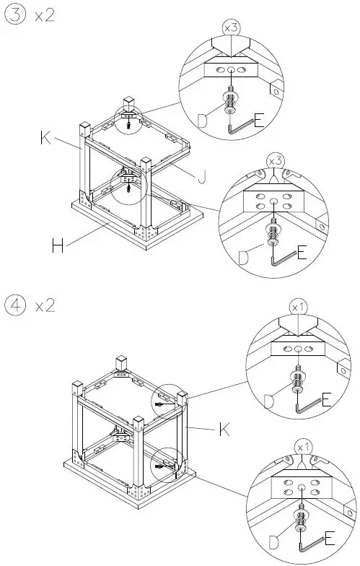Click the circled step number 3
[x=15, y=16]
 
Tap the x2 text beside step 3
[x=44, y=16]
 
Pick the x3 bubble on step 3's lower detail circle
[x=275, y=158]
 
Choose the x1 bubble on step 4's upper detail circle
[x=298, y=307]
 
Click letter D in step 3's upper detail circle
[x=203, y=121]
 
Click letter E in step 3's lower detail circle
[x=302, y=252]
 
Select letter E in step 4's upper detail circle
[x=325, y=399]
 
